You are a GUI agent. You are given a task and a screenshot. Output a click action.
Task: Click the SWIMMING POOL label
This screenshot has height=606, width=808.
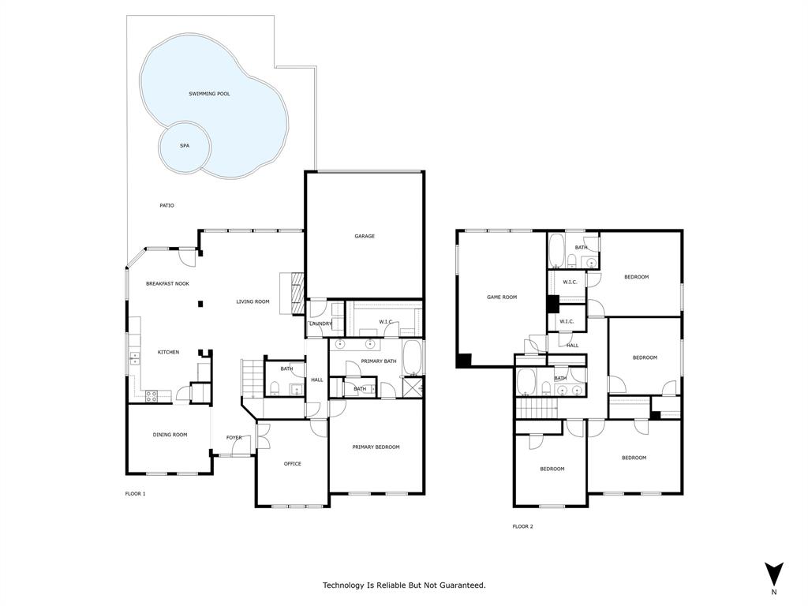(x=209, y=94)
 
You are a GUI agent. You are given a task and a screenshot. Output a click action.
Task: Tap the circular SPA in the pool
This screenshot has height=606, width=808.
(x=185, y=146)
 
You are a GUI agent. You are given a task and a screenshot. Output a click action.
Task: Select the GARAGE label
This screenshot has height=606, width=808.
(x=365, y=236)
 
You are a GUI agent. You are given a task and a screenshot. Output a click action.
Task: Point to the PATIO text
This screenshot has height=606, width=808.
(x=166, y=205)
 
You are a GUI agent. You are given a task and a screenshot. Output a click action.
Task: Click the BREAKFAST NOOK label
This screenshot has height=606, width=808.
(x=167, y=283)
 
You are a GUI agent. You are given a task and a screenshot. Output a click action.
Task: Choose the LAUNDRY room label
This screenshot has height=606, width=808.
(x=320, y=324)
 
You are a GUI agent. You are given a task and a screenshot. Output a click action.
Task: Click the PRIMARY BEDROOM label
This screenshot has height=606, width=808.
(x=376, y=447)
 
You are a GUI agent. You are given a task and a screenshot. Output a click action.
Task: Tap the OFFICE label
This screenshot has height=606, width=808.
(x=292, y=463)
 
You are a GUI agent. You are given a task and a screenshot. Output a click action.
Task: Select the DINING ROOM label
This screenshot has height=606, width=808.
(x=170, y=434)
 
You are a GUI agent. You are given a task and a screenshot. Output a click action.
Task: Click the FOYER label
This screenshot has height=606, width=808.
(x=234, y=437)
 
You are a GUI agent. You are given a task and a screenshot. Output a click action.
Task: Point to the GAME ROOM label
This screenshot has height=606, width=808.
(x=501, y=297)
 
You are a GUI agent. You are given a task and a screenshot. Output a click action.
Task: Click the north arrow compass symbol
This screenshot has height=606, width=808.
(x=773, y=574)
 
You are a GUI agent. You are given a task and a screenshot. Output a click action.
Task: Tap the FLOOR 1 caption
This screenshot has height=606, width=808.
(x=135, y=494)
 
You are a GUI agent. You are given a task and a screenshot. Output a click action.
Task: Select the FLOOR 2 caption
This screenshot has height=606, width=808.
(x=522, y=526)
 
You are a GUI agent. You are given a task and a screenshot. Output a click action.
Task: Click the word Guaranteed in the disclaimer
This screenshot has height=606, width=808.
(x=461, y=585)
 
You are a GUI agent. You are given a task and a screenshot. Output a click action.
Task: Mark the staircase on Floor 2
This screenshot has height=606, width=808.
(x=537, y=408)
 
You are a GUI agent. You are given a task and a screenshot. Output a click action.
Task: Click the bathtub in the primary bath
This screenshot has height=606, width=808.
(x=413, y=357)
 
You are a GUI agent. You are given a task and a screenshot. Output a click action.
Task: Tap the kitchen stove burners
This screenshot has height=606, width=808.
(x=151, y=397)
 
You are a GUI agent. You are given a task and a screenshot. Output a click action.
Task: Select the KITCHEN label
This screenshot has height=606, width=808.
(x=168, y=352)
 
